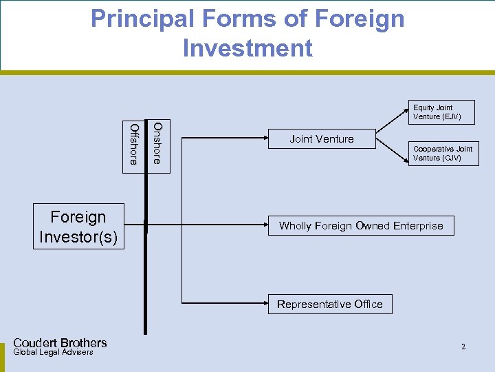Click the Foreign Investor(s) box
coord(79,227)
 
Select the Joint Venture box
coord(322,139)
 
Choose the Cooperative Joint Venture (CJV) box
coord(443,154)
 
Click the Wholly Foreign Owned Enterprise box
coord(361,226)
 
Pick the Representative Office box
coord(330,304)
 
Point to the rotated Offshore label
coord(133,143)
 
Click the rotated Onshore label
coord(157,143)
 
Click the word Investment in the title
coord(247,48)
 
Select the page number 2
coord(463,347)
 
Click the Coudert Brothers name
coord(60,343)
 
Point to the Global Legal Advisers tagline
coord(53,353)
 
